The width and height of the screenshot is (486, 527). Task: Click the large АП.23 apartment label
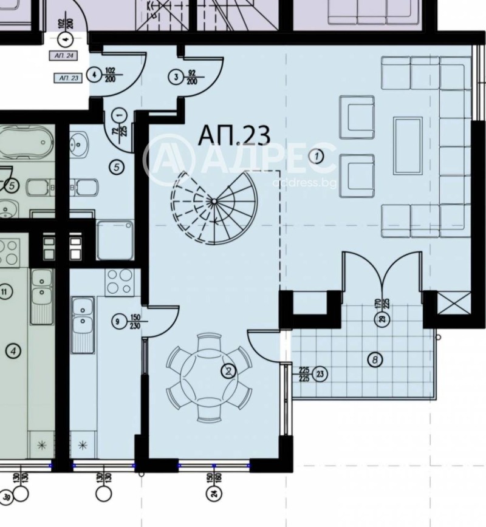point(234,135)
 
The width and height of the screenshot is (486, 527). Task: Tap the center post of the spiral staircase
point(214,202)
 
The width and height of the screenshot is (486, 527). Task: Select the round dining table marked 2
point(209,376)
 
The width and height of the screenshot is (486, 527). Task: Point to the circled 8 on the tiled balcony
point(376,360)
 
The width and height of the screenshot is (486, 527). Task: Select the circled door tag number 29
point(382,322)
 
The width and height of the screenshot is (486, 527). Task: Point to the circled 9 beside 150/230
point(116,321)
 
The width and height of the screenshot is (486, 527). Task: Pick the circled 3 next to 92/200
point(176,77)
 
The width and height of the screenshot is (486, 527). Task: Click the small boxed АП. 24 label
point(65,56)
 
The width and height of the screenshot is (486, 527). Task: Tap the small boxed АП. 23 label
point(67,78)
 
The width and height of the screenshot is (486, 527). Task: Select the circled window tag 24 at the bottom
point(214,495)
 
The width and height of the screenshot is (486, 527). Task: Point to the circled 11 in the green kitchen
point(6,293)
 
